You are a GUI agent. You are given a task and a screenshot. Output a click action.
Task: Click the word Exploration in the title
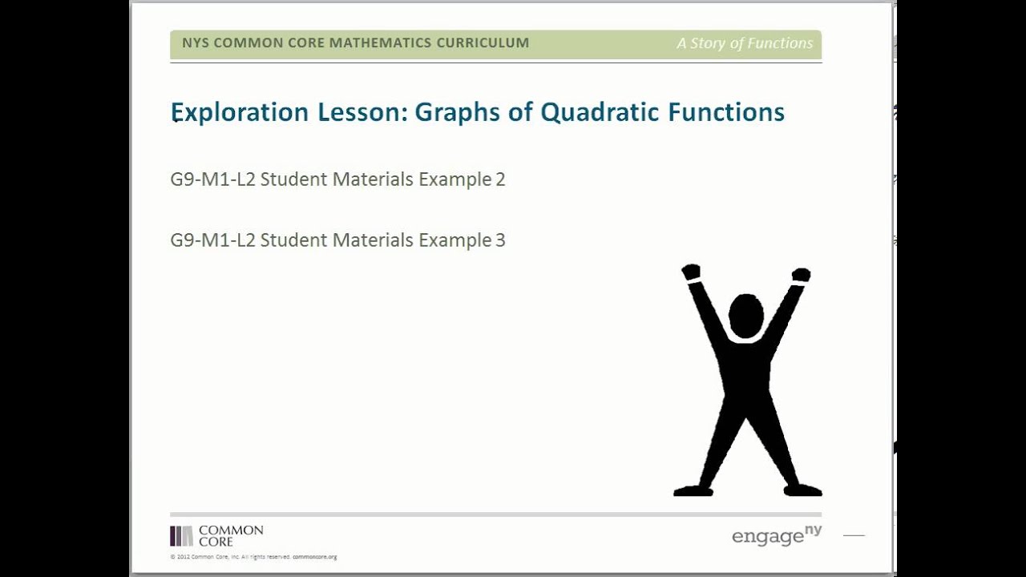pyautogui.click(x=240, y=112)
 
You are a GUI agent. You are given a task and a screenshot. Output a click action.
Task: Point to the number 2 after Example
pyautogui.click(x=500, y=180)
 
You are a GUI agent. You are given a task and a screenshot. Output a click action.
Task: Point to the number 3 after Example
pyautogui.click(x=500, y=240)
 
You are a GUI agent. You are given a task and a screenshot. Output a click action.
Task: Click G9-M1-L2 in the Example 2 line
pyautogui.click(x=212, y=180)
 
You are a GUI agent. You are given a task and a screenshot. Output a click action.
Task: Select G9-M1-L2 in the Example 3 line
pyautogui.click(x=212, y=240)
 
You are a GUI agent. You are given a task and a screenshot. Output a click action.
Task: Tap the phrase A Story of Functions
pyautogui.click(x=745, y=43)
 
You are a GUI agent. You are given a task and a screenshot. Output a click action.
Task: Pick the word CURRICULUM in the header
pyautogui.click(x=483, y=43)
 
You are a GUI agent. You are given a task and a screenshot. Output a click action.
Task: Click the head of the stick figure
pyautogui.click(x=745, y=315)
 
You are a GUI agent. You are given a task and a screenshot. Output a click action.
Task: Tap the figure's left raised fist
pyautogui.click(x=691, y=272)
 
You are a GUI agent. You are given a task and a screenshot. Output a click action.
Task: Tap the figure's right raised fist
pyautogui.click(x=801, y=275)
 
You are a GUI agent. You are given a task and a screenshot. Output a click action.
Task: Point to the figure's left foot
pyautogui.click(x=693, y=490)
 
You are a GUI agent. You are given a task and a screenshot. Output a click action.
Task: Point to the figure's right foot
pyautogui.click(x=802, y=490)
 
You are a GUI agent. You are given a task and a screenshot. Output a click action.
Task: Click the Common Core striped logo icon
pyautogui.click(x=181, y=536)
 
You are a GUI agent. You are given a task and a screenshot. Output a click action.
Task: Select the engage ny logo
pyautogui.click(x=776, y=535)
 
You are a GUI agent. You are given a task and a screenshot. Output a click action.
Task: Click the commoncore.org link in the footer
pyautogui.click(x=314, y=557)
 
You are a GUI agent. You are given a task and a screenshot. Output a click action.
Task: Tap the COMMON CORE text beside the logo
pyautogui.click(x=231, y=536)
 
